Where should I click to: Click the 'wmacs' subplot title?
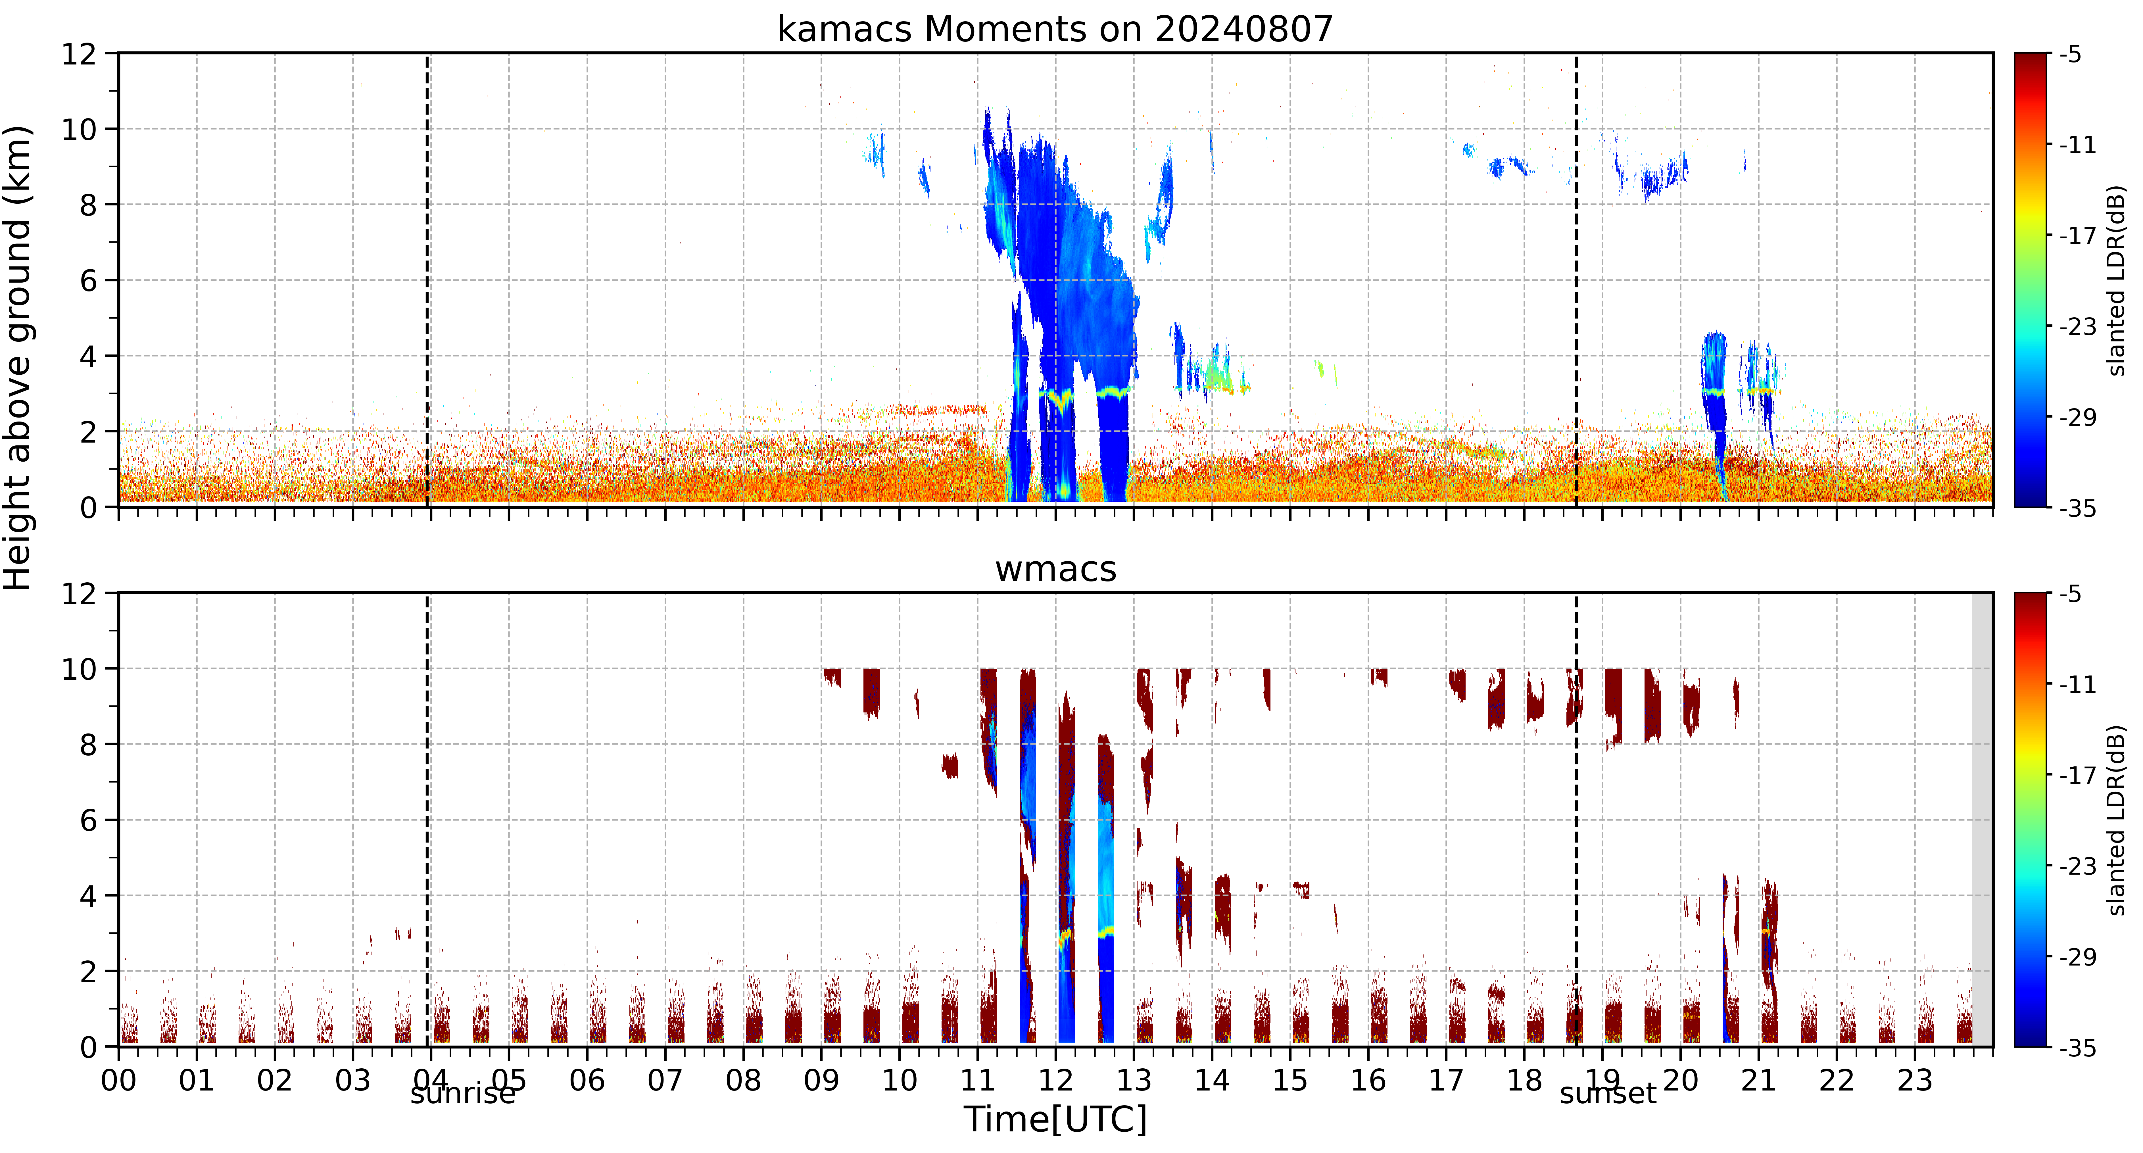tap(1056, 570)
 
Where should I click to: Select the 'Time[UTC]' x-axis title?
tap(1055, 1120)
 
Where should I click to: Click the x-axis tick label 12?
tap(1056, 1081)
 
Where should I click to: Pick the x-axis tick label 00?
tap(119, 1081)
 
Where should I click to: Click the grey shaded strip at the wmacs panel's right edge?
tap(1983, 820)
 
